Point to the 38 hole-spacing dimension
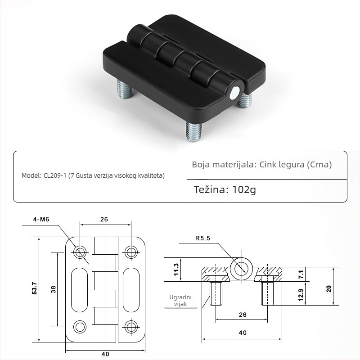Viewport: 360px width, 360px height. (x=53, y=289)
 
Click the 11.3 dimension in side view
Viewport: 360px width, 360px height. (x=176, y=270)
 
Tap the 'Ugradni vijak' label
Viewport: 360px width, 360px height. (x=180, y=301)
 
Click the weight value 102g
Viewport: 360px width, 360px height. (x=243, y=189)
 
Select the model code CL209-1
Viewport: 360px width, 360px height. (x=55, y=175)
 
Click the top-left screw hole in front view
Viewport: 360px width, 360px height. (x=81, y=252)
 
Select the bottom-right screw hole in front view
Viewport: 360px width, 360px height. (x=131, y=326)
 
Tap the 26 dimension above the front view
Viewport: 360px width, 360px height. (x=104, y=220)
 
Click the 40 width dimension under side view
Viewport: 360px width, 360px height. (x=243, y=333)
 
